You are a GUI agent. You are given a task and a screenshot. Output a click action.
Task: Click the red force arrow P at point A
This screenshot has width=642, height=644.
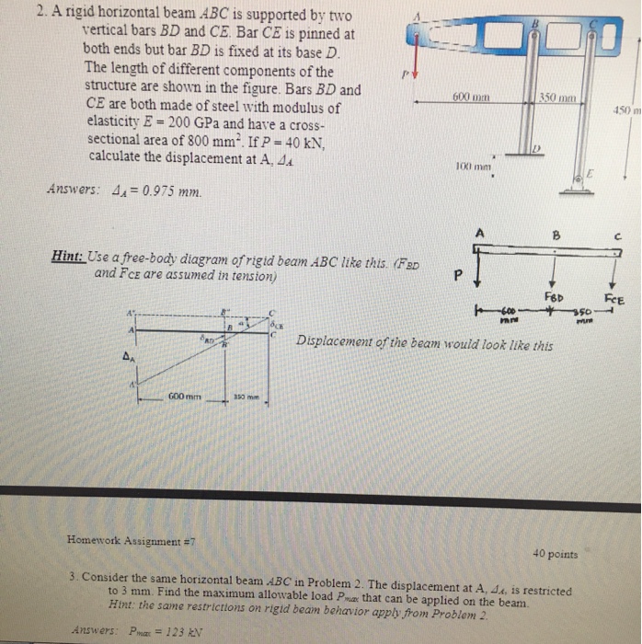click(416, 59)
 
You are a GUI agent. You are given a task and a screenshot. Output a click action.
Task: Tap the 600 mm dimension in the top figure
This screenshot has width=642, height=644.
click(470, 95)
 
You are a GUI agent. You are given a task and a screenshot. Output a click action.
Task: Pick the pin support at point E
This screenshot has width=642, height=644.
click(579, 183)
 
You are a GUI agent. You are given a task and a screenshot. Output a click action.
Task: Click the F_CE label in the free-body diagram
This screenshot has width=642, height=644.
click(613, 297)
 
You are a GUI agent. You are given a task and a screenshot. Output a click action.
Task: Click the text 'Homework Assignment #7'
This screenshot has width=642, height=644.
click(126, 540)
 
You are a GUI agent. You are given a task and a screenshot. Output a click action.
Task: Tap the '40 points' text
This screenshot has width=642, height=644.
click(556, 554)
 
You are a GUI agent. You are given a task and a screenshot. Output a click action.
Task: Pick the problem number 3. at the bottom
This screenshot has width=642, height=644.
click(73, 577)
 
